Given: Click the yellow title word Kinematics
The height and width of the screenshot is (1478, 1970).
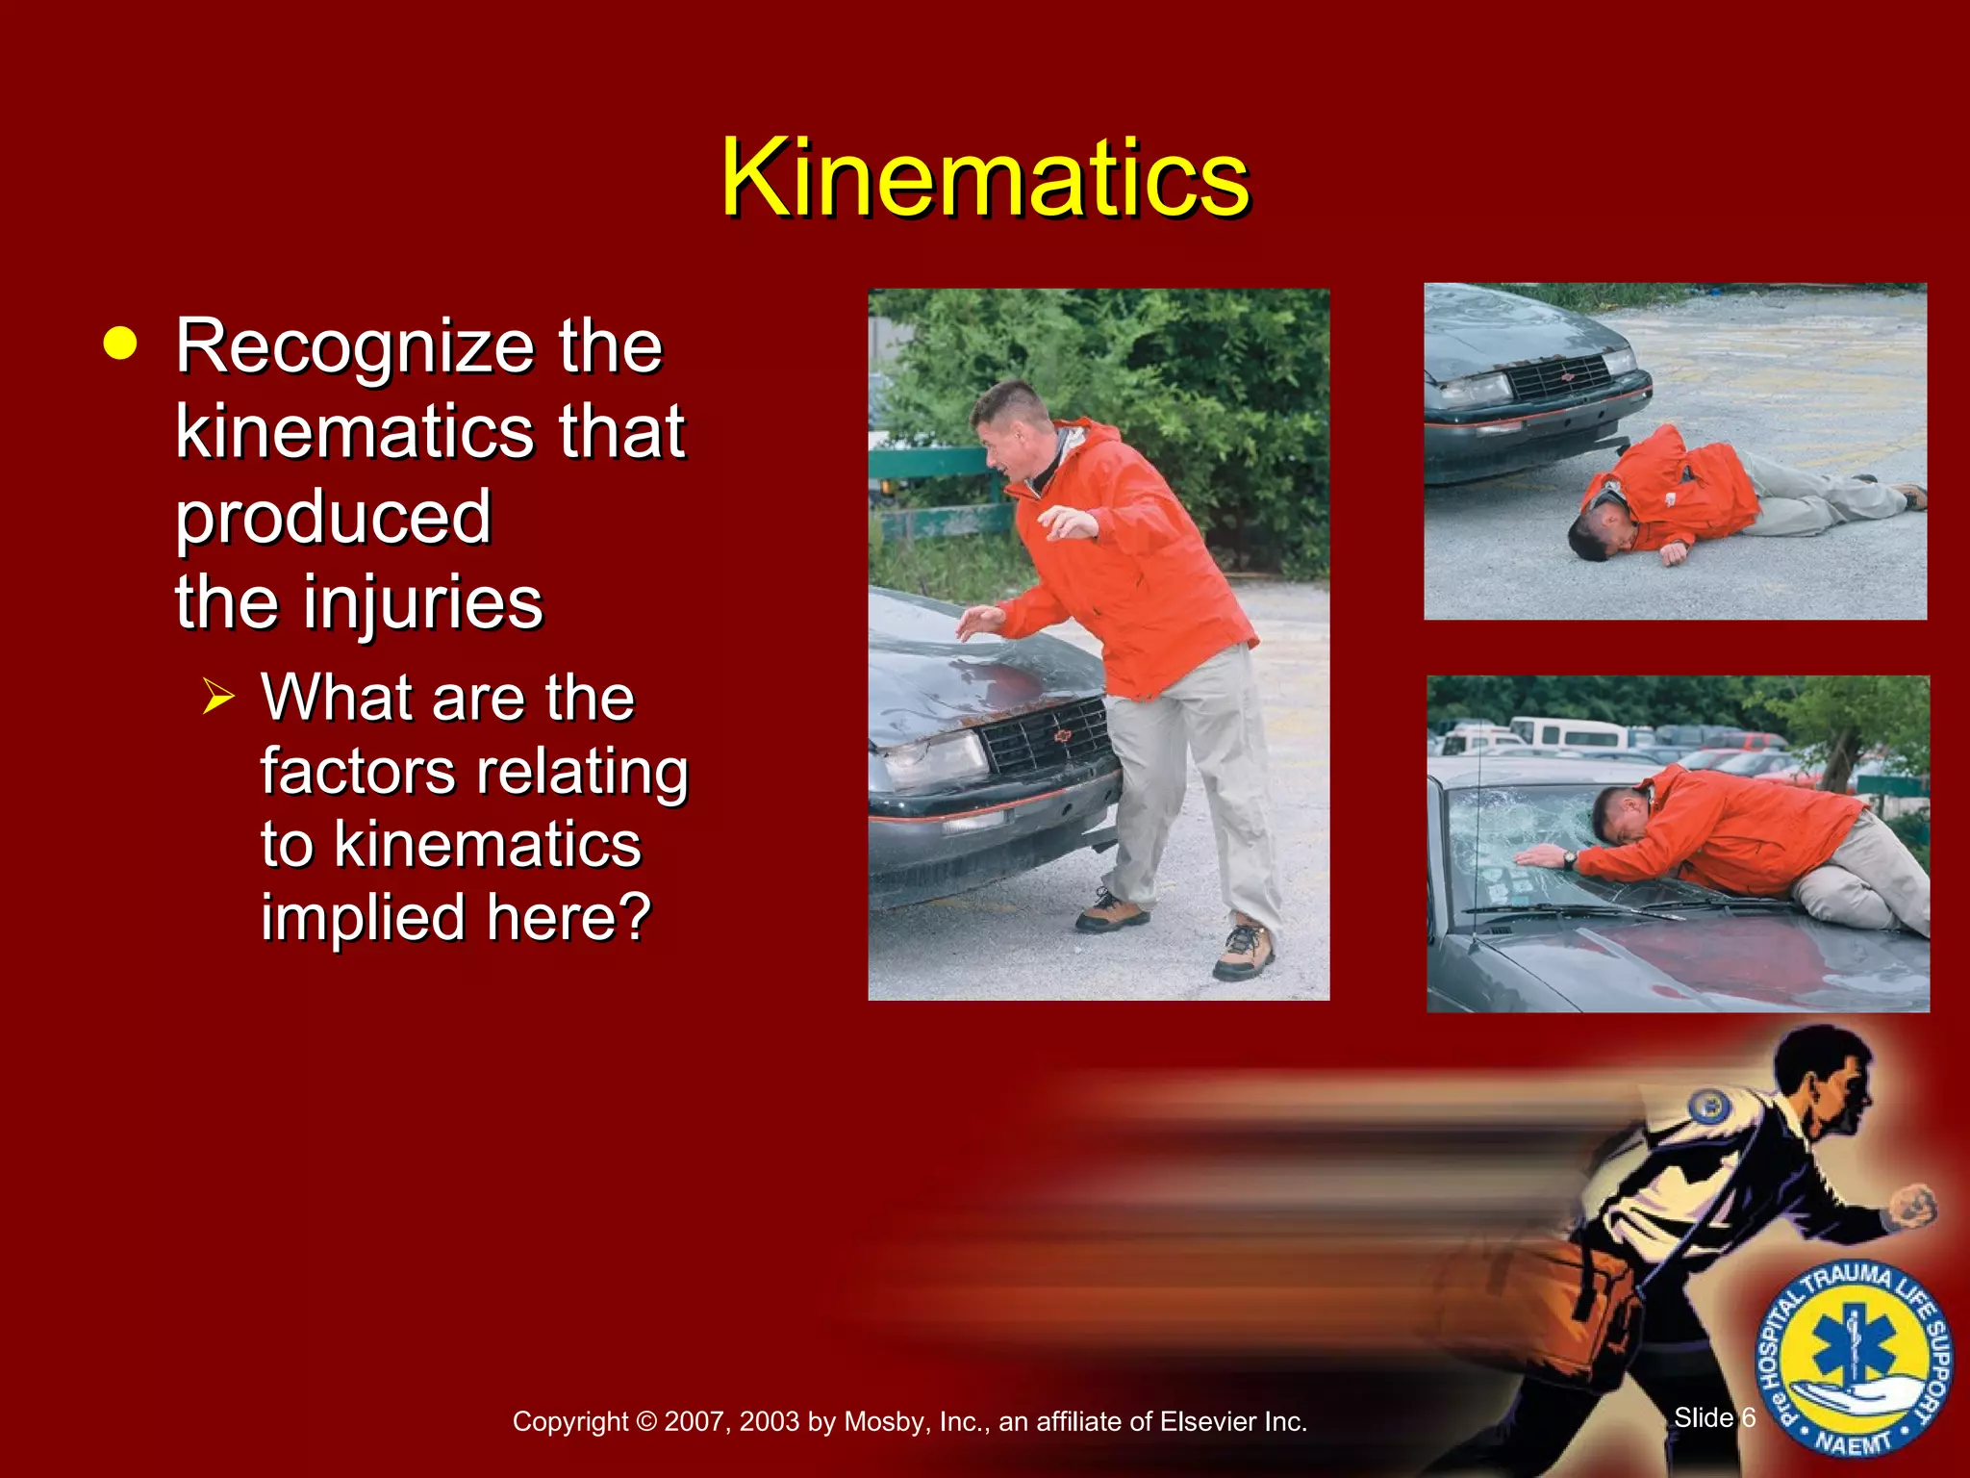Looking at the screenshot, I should click(x=984, y=179).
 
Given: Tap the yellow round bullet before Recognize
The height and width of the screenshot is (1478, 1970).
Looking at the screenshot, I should click(x=120, y=344).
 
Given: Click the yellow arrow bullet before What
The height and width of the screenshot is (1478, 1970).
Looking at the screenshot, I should click(x=218, y=696).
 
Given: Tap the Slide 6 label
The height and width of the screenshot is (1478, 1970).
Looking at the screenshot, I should click(x=1714, y=1417).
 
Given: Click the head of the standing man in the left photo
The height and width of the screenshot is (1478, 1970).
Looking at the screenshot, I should click(x=1009, y=423).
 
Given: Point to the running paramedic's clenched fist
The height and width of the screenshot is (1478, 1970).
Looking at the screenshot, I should click(x=1914, y=1207).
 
